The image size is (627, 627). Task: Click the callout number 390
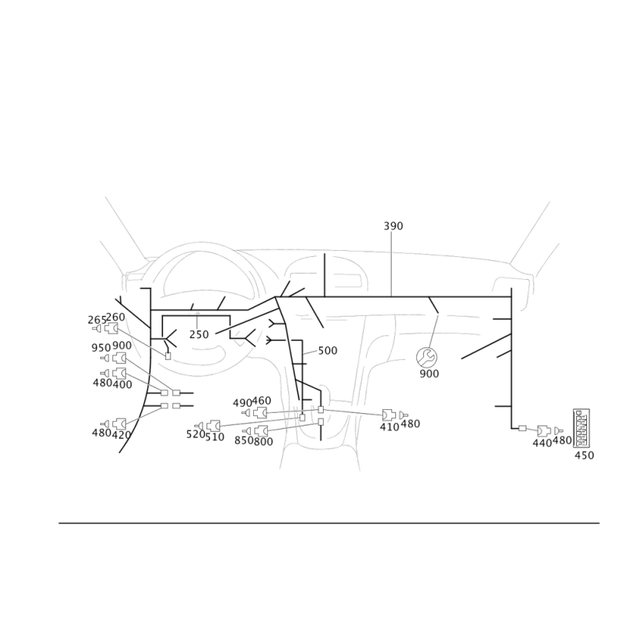coord(393,226)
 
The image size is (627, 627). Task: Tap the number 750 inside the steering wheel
coord(199,335)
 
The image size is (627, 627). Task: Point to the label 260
coord(116,317)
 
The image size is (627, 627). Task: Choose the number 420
coord(121,433)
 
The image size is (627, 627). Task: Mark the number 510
coord(215,436)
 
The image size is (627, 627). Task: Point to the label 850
coord(243,441)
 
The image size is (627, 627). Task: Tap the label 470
coord(390,427)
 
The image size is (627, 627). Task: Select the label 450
coord(584,455)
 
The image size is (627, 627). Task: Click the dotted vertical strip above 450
coord(582,427)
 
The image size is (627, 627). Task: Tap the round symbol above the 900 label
coord(428,357)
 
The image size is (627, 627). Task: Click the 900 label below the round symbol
coord(428,375)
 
